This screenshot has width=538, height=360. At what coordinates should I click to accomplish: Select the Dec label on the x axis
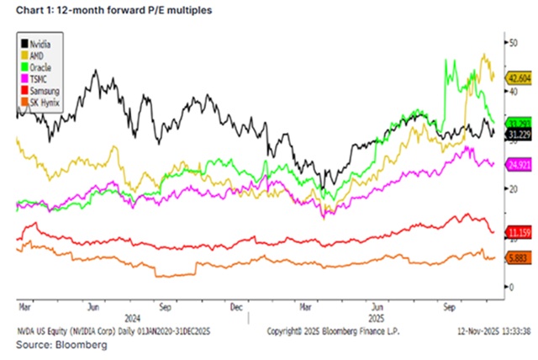pyautogui.click(x=236, y=309)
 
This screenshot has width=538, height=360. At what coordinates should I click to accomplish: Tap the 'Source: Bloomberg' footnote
pyautogui.click(x=54, y=345)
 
